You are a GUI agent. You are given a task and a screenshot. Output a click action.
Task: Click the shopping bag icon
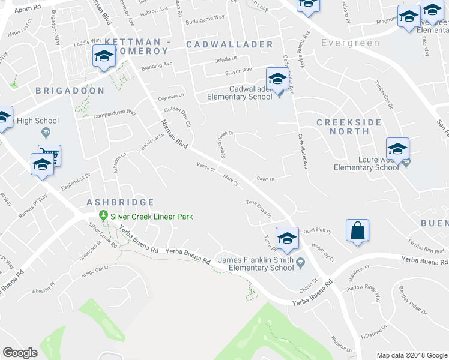click(x=357, y=231)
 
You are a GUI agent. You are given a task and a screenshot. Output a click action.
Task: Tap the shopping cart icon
click(x=50, y=155)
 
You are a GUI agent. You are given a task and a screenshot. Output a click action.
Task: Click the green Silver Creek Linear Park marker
click(x=103, y=217)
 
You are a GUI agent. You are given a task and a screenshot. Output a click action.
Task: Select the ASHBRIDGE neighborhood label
click(x=120, y=203)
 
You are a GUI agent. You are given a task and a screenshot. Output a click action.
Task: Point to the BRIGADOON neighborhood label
click(x=70, y=91)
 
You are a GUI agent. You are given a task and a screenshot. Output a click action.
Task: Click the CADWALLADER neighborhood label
click(x=229, y=45)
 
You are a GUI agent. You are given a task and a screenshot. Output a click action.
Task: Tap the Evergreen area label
click(x=350, y=43)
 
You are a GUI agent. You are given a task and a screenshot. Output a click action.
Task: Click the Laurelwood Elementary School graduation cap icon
click(x=397, y=149)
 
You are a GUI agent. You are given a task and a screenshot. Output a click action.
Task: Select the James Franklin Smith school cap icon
click(x=287, y=238)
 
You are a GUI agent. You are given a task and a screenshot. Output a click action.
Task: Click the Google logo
click(x=20, y=353)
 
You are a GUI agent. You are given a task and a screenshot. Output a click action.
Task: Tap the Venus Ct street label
click(x=206, y=167)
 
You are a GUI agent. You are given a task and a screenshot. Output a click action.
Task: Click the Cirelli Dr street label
click(x=265, y=179)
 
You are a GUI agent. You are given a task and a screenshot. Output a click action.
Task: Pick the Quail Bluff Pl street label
click(x=318, y=230)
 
